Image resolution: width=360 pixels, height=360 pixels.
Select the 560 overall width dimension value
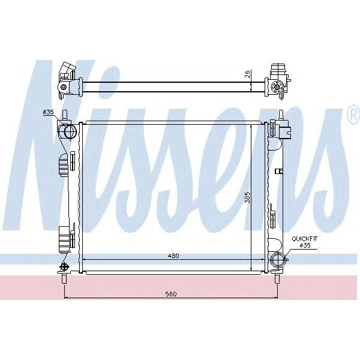coord(172,294)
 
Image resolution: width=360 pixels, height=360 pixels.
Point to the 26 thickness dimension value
coord(247,75)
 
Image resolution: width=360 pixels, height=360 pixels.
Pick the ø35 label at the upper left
coord(48,112)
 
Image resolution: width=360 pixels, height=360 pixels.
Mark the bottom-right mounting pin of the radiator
coord(278,277)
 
